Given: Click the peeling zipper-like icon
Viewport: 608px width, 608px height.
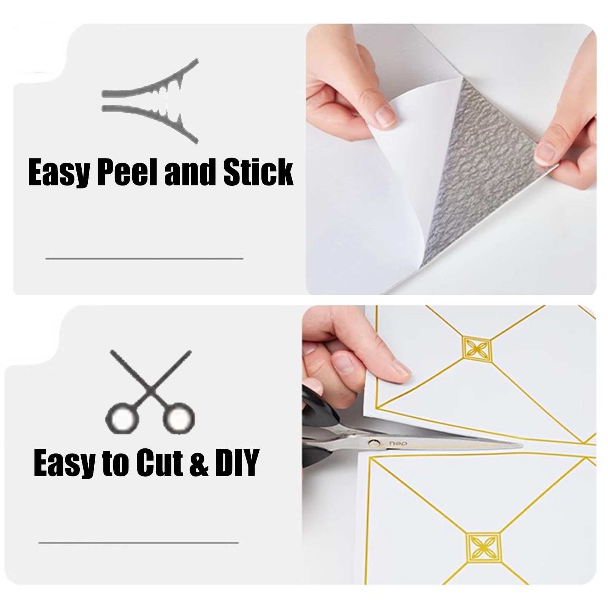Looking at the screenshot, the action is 150,101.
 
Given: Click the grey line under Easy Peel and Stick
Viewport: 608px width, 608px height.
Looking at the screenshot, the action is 144,258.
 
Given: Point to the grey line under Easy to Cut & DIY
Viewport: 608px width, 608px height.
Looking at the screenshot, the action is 139,543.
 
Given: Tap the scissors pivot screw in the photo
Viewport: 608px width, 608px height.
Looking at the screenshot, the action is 374,442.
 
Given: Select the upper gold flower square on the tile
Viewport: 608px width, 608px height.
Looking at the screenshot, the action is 476,347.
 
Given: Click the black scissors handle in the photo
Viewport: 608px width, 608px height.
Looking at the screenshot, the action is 314,426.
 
